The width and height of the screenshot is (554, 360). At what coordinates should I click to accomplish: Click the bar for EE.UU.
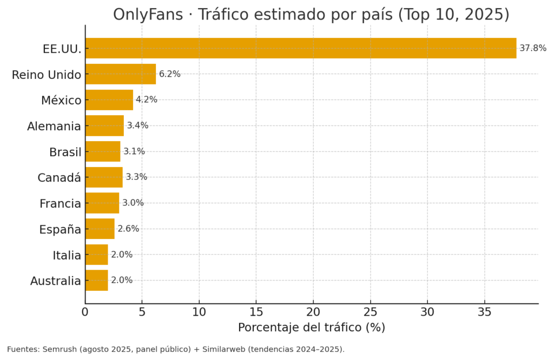(300, 48)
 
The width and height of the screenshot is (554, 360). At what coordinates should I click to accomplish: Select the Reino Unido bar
(121, 74)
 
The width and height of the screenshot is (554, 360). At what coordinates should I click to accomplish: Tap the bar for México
(109, 100)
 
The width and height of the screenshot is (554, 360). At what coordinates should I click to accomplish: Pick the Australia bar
(96, 281)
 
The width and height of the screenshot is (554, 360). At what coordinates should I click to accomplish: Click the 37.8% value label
(532, 48)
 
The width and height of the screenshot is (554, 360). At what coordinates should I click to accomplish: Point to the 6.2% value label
(169, 74)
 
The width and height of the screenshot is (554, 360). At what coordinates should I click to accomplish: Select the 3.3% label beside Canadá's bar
(136, 177)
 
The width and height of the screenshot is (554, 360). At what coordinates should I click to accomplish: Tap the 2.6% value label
(128, 229)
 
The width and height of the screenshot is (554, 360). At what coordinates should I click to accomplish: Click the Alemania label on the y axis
(54, 126)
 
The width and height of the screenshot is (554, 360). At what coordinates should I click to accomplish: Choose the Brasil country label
(65, 152)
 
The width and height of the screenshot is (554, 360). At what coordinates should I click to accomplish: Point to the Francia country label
(60, 204)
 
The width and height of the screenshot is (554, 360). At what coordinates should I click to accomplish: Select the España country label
(60, 230)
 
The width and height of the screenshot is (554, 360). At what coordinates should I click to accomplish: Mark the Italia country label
(67, 255)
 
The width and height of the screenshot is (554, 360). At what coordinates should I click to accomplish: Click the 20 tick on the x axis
(313, 312)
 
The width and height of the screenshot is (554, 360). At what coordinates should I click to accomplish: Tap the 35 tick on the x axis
(484, 312)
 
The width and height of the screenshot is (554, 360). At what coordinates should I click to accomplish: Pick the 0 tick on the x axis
(85, 312)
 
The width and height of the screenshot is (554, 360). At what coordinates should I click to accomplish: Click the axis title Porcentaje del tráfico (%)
(311, 328)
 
